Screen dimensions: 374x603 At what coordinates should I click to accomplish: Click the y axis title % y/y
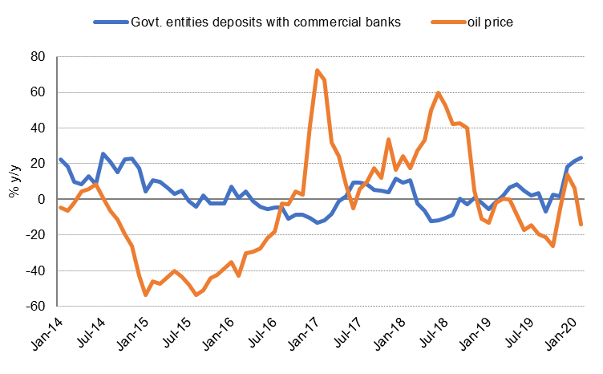click(x=14, y=181)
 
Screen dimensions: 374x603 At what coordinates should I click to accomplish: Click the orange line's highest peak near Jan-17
click(x=318, y=71)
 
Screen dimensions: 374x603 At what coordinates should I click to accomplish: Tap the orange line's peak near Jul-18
click(x=438, y=93)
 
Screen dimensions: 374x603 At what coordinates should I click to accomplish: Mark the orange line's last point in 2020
click(x=581, y=225)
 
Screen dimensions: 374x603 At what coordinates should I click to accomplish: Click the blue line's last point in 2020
click(x=581, y=158)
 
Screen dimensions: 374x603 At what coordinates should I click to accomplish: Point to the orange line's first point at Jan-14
click(x=60, y=207)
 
